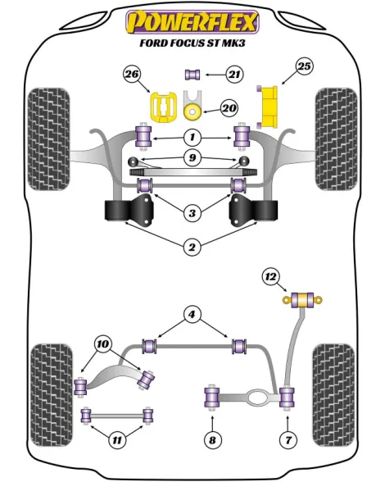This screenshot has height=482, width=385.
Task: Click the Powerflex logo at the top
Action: [192, 22]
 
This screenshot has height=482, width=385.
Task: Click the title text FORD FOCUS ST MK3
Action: [192, 43]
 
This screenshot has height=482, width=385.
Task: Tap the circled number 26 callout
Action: [132, 74]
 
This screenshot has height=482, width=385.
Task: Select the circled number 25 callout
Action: [304, 66]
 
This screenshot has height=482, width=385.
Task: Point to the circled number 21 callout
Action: [234, 75]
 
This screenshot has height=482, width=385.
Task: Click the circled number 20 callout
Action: [229, 108]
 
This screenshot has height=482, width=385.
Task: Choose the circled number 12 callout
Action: [270, 277]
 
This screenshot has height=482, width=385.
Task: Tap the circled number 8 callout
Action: [212, 440]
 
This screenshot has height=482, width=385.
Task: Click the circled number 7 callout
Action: [288, 440]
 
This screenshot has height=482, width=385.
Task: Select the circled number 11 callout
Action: [117, 440]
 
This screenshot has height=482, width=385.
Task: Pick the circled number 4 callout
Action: [192, 315]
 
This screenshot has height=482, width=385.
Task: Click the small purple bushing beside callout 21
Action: [192, 75]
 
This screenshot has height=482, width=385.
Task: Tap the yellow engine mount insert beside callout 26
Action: [163, 107]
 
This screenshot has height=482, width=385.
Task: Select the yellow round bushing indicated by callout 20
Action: [192, 111]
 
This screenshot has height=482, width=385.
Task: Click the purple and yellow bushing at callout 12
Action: [302, 300]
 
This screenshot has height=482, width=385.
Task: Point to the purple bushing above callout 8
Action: [211, 399]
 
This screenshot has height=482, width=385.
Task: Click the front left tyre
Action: [48, 139]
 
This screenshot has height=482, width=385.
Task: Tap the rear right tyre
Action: [333, 395]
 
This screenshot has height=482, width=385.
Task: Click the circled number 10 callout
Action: [103, 343]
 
